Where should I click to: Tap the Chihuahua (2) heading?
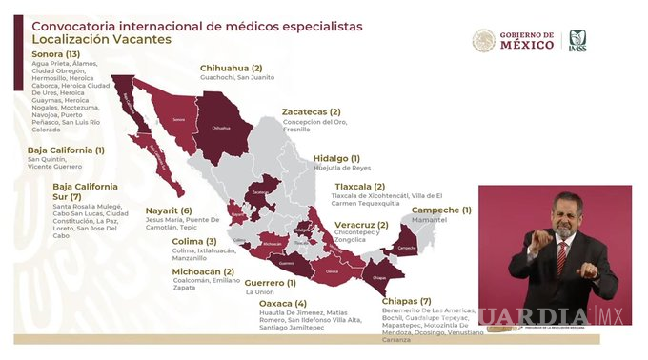click(231, 69)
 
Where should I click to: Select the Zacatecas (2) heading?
click(312, 111)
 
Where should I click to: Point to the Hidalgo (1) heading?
click(336, 158)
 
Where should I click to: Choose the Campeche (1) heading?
click(441, 210)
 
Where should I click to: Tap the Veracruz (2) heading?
click(361, 225)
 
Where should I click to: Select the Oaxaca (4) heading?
click(283, 303)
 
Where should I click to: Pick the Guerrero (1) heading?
click(271, 282)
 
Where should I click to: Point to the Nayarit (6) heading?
click(169, 210)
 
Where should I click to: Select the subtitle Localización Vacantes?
click(96, 40)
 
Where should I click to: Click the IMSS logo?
click(577, 41)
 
